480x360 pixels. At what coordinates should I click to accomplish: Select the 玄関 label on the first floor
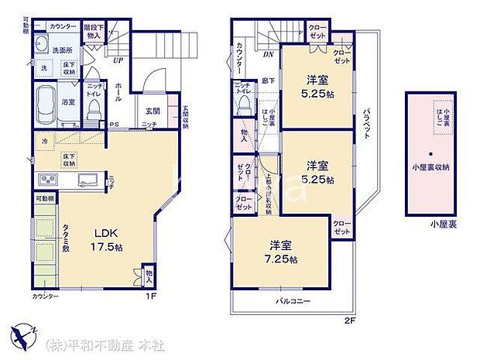[x=152, y=111]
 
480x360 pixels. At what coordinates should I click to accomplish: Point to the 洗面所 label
[x=62, y=50]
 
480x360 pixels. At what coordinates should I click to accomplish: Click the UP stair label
[x=118, y=60]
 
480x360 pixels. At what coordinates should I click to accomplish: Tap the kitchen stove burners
[x=44, y=181]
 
